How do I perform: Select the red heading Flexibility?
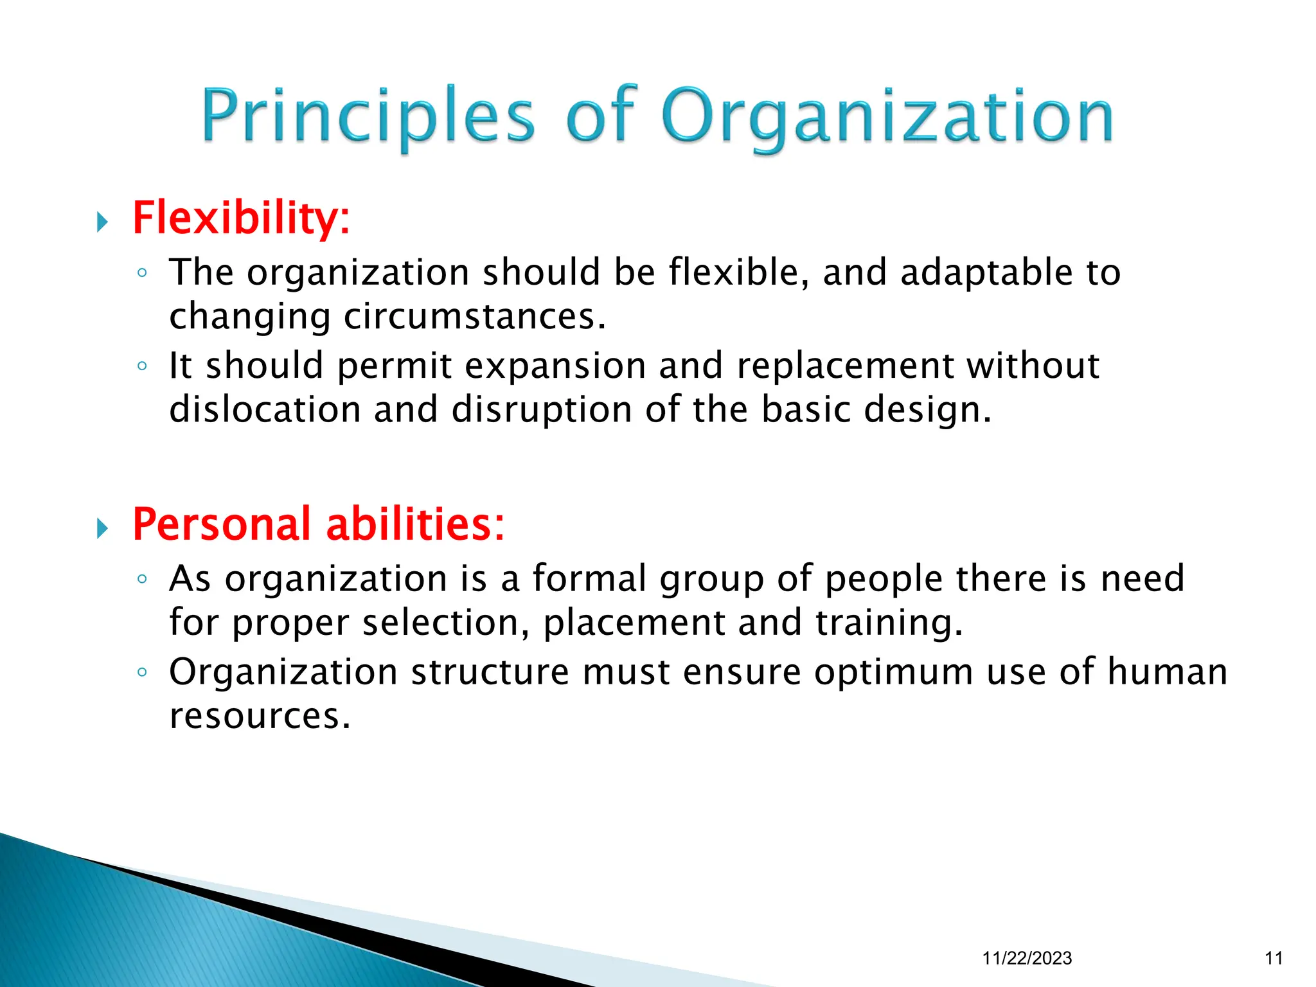tap(241, 218)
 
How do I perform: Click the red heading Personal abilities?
tap(318, 524)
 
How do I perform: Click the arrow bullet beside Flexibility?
tap(102, 222)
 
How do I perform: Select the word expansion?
tap(555, 366)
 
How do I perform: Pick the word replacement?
tap(846, 366)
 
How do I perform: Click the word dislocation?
tap(265, 410)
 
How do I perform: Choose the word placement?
tap(634, 623)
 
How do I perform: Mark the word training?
tap(889, 623)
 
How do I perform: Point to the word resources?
tap(260, 716)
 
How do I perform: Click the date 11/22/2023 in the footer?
tap(1027, 958)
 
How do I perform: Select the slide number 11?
tap(1274, 958)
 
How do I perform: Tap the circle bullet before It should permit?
tap(142, 366)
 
